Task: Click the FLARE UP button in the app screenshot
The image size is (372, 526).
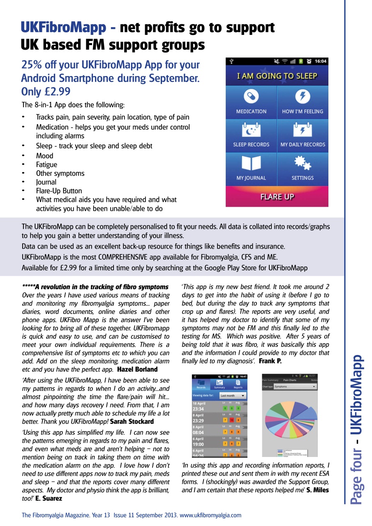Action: click(x=277, y=197)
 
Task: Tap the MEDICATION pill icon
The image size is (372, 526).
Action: click(x=251, y=97)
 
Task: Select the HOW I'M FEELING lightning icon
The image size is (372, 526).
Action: click(x=302, y=97)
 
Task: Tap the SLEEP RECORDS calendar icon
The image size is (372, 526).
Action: click(x=251, y=130)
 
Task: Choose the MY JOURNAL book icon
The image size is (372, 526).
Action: click(x=251, y=163)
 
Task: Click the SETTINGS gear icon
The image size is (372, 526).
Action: click(x=302, y=163)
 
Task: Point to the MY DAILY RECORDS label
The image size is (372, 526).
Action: click(x=303, y=145)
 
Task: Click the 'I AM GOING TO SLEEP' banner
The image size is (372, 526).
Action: click(x=277, y=76)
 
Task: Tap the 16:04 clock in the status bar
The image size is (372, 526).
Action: click(x=320, y=62)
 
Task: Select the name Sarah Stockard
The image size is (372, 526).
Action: click(x=132, y=422)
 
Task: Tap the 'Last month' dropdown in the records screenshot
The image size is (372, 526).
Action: click(x=233, y=396)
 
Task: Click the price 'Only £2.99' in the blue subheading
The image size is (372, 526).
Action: click(x=46, y=91)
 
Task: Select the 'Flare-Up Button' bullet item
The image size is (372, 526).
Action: click(x=59, y=191)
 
